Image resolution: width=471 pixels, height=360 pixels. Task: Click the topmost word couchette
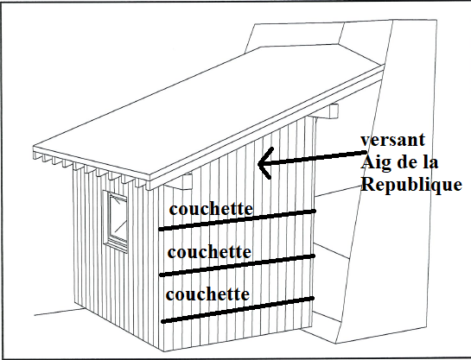tap(211, 209)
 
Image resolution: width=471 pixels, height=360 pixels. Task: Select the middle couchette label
tap(209, 252)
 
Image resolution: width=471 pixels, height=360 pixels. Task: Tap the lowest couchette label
tap(207, 294)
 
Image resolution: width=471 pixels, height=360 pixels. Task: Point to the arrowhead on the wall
tap(266, 163)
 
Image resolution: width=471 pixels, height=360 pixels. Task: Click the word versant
tap(393, 140)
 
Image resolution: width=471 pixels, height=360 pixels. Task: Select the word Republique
tap(411, 185)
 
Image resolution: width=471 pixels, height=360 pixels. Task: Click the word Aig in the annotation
tap(375, 163)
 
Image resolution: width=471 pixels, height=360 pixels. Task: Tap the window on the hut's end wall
tap(115, 221)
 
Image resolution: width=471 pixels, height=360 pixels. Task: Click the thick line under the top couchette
tap(237, 220)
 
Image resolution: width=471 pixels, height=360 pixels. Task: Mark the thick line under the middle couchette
tap(238, 266)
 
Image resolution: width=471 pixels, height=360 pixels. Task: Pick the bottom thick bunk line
tap(238, 310)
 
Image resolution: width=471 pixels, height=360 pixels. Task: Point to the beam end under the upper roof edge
tap(330, 111)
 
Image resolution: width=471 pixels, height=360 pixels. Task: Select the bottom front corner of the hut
tap(163, 351)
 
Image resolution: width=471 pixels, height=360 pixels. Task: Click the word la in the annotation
tap(430, 162)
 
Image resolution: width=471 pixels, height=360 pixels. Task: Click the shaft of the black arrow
tap(312, 158)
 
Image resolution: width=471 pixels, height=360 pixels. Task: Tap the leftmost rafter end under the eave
tap(37, 156)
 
